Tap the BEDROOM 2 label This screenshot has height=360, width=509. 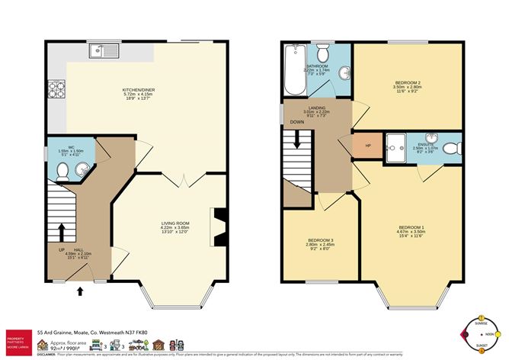[408, 82]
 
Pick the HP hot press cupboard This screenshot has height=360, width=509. [368, 146]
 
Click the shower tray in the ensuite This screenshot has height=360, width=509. [397, 146]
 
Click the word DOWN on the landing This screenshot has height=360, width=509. [296, 121]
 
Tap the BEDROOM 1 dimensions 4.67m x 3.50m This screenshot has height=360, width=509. [412, 231]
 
